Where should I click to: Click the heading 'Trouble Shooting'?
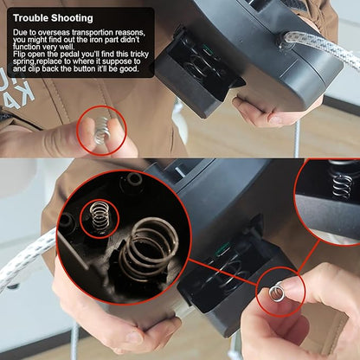tap(53, 18)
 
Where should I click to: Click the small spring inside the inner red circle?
tap(100, 217)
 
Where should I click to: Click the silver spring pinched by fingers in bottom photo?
tap(277, 292)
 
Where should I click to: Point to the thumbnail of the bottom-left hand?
tap(136, 337)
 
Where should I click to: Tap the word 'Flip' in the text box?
tap(19, 54)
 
